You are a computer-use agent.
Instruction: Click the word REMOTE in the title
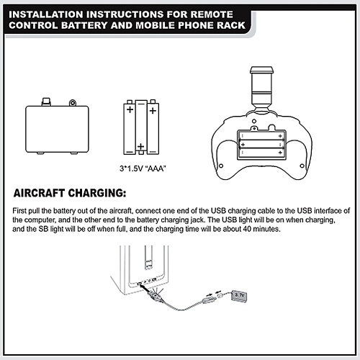212,14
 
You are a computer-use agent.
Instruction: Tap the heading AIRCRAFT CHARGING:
70,193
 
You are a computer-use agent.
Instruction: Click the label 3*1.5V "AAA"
143,168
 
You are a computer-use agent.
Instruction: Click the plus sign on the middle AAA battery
141,146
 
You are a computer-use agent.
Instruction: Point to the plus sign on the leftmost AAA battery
130,109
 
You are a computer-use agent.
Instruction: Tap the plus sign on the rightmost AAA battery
153,111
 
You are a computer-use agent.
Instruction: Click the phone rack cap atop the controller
261,70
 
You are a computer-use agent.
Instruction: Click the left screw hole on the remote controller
221,166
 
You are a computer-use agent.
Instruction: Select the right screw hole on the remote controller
302,166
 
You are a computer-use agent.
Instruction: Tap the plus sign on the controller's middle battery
243,145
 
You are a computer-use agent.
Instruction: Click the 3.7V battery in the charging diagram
239,296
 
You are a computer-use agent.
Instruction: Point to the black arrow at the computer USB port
143,287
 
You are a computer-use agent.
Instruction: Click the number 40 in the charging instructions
247,229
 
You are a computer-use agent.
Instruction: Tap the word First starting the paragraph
19,211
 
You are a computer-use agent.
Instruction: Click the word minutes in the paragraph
266,229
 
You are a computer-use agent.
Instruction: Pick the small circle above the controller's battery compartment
254,121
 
